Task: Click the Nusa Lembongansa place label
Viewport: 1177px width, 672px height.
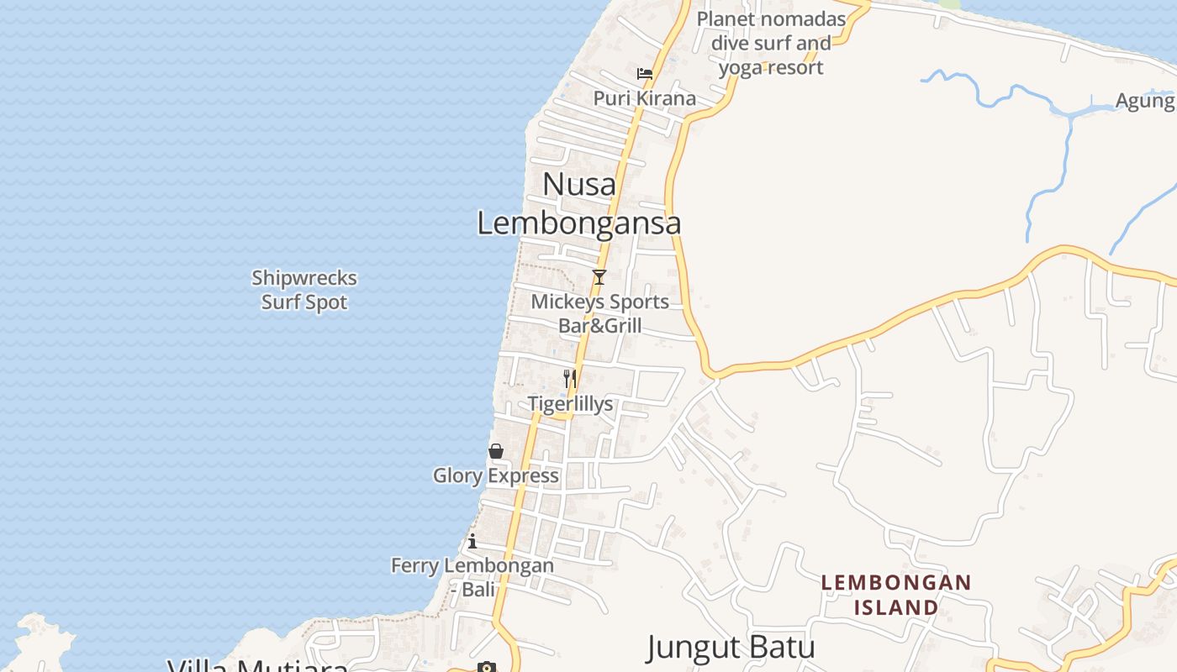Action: coord(579,204)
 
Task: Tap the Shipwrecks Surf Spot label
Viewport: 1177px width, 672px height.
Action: coord(304,290)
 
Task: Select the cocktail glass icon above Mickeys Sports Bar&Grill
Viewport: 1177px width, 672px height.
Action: coord(599,277)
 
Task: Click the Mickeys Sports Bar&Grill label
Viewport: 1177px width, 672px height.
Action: coord(600,313)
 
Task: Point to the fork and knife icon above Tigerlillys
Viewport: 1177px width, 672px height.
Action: coord(570,379)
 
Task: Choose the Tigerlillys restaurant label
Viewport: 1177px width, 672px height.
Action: coord(570,404)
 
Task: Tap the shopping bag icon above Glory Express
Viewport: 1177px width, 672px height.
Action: coord(496,452)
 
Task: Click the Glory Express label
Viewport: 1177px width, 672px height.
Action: coord(496,475)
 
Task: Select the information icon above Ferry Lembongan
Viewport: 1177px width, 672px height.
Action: coord(472,541)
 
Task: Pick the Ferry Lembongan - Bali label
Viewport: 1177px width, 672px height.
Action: coord(472,577)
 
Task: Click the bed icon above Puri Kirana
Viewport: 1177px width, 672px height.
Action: coord(645,74)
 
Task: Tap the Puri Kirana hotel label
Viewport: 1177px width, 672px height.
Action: coord(645,98)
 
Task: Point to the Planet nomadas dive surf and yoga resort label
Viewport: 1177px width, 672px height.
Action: coord(771,43)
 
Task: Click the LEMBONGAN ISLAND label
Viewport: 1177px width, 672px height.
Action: coord(896,594)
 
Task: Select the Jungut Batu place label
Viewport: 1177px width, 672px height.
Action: coord(731,648)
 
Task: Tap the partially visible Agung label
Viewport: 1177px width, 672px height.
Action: coord(1145,101)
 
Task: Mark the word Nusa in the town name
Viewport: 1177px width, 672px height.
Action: coord(579,184)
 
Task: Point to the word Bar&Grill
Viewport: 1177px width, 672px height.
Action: coord(600,326)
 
